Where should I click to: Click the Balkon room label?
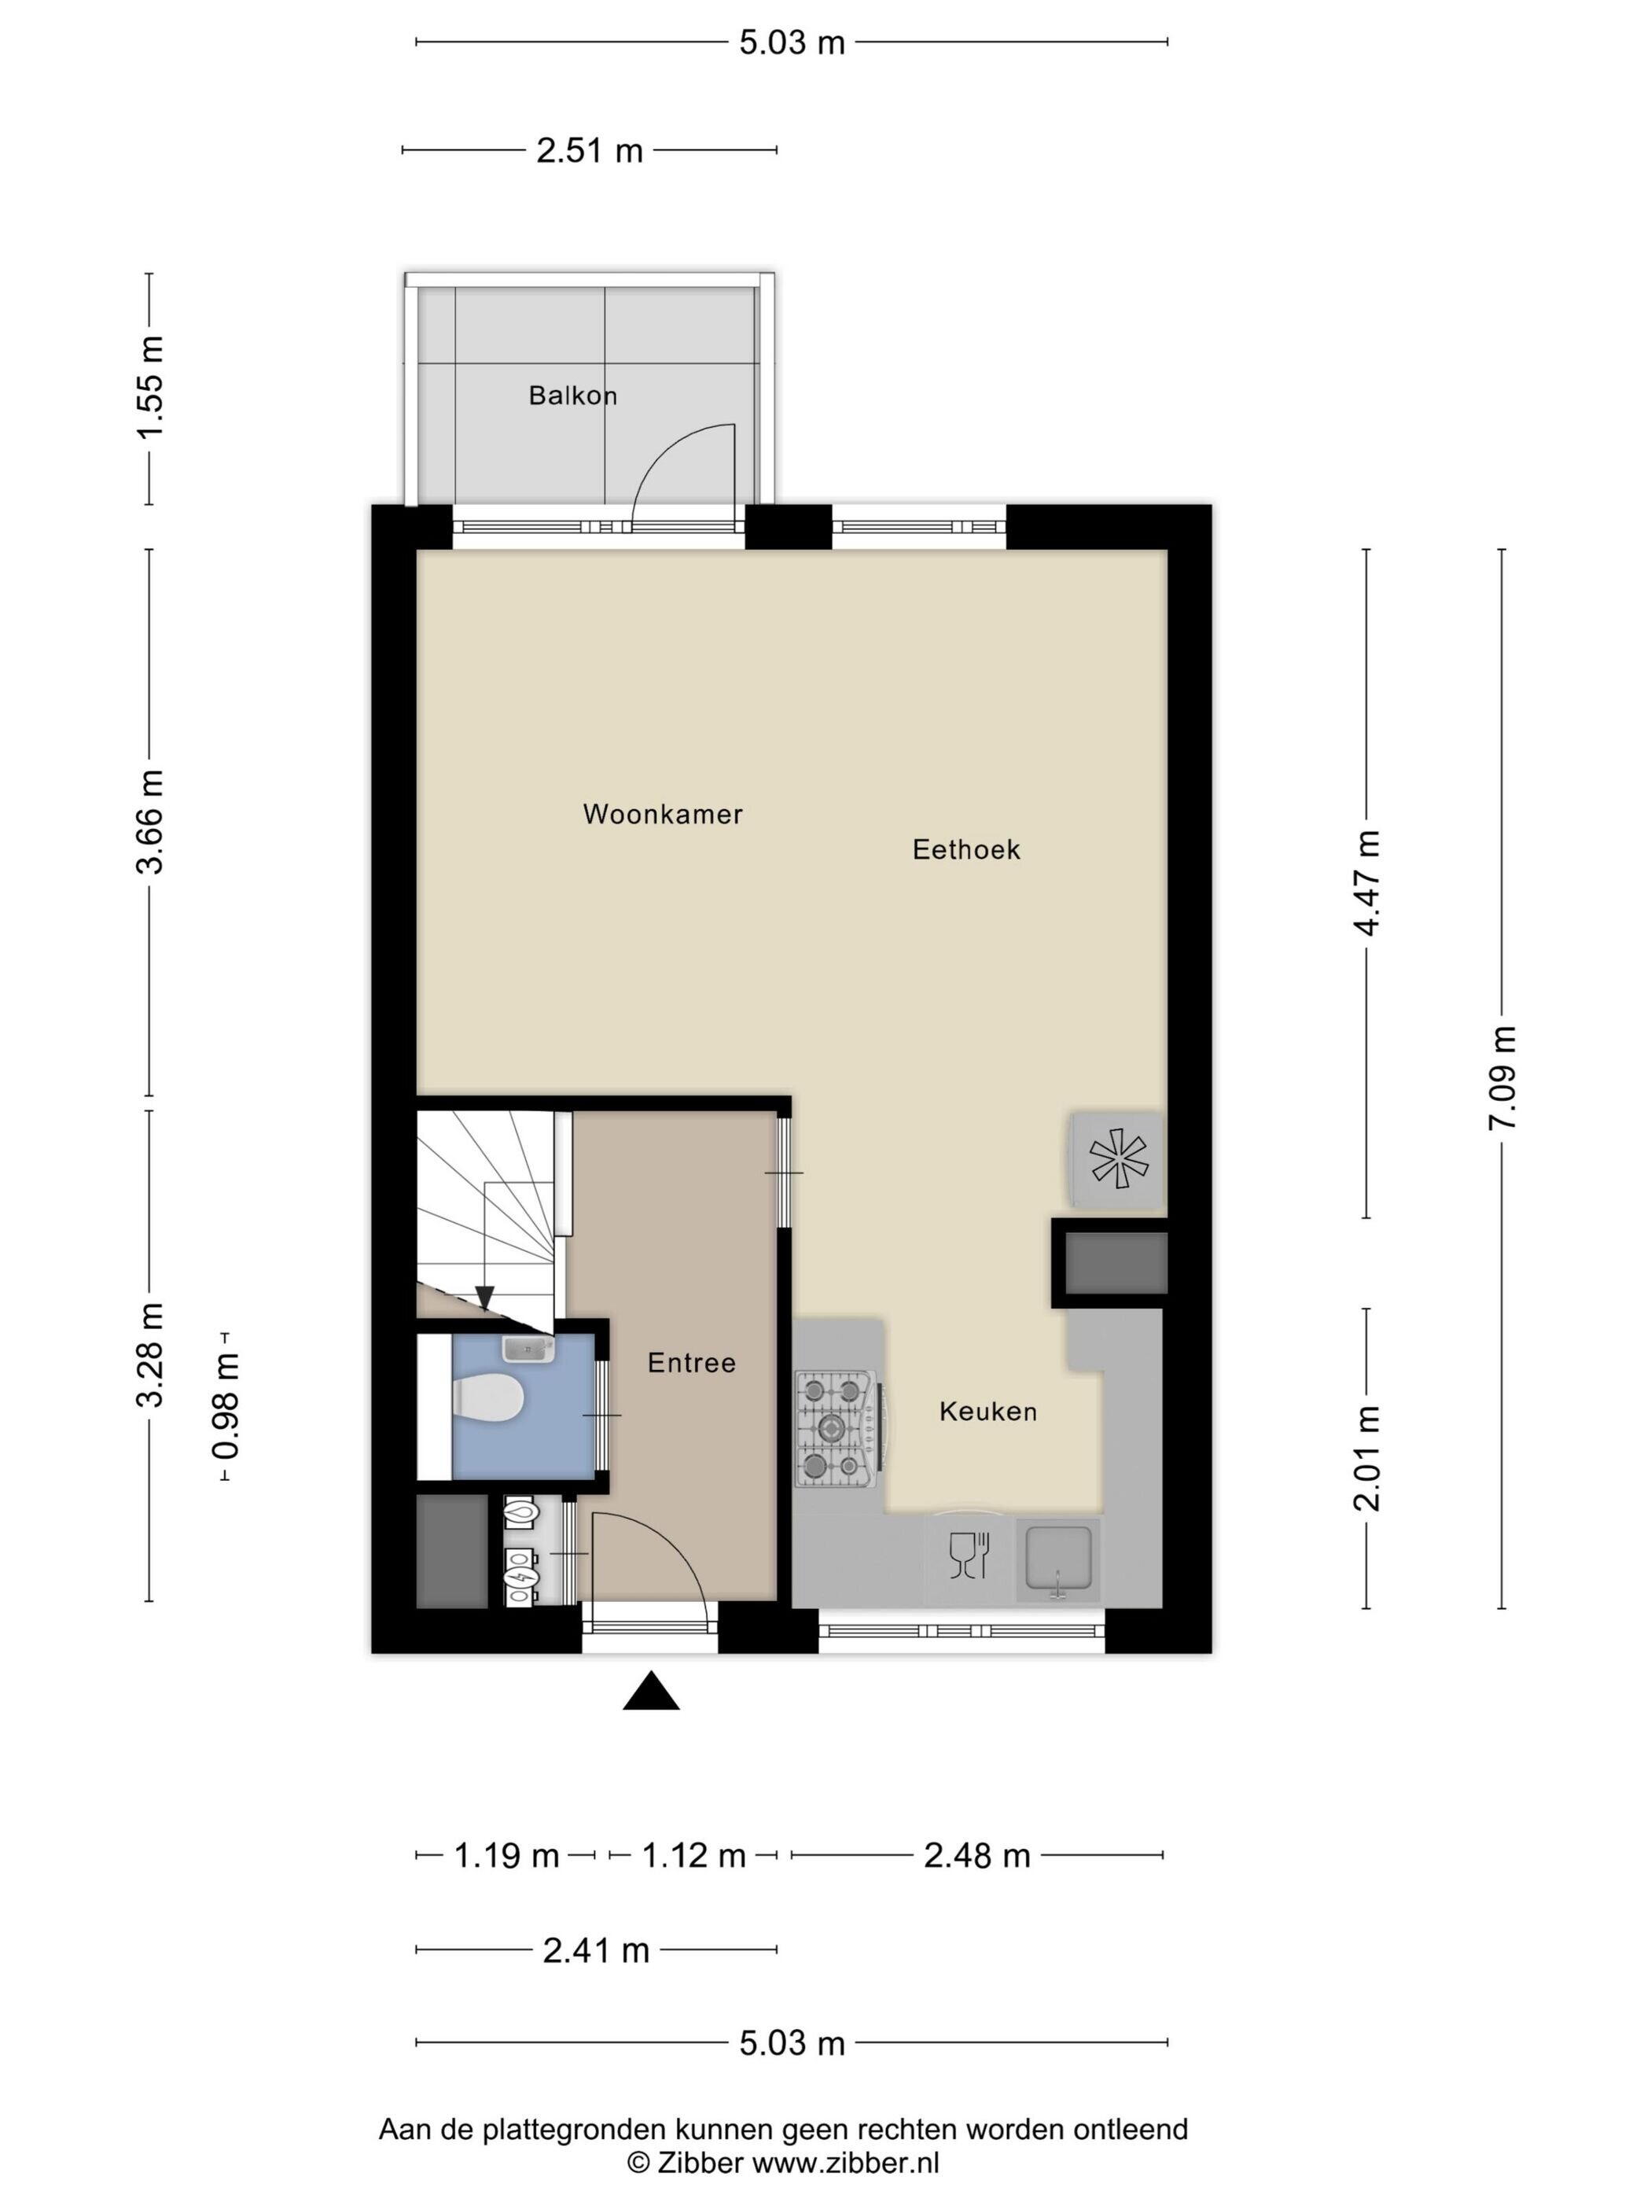pos(572,396)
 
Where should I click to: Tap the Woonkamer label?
pos(663,813)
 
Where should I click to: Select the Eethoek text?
pos(966,849)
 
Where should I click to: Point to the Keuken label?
pos(988,1411)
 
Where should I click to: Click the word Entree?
pos(692,1362)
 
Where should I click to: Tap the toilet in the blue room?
pos(487,1397)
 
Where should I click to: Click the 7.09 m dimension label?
pos(1502,1077)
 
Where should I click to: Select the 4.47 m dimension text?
pos(1367,883)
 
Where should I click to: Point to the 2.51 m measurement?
pos(590,151)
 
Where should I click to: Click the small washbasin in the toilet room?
pos(528,1348)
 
